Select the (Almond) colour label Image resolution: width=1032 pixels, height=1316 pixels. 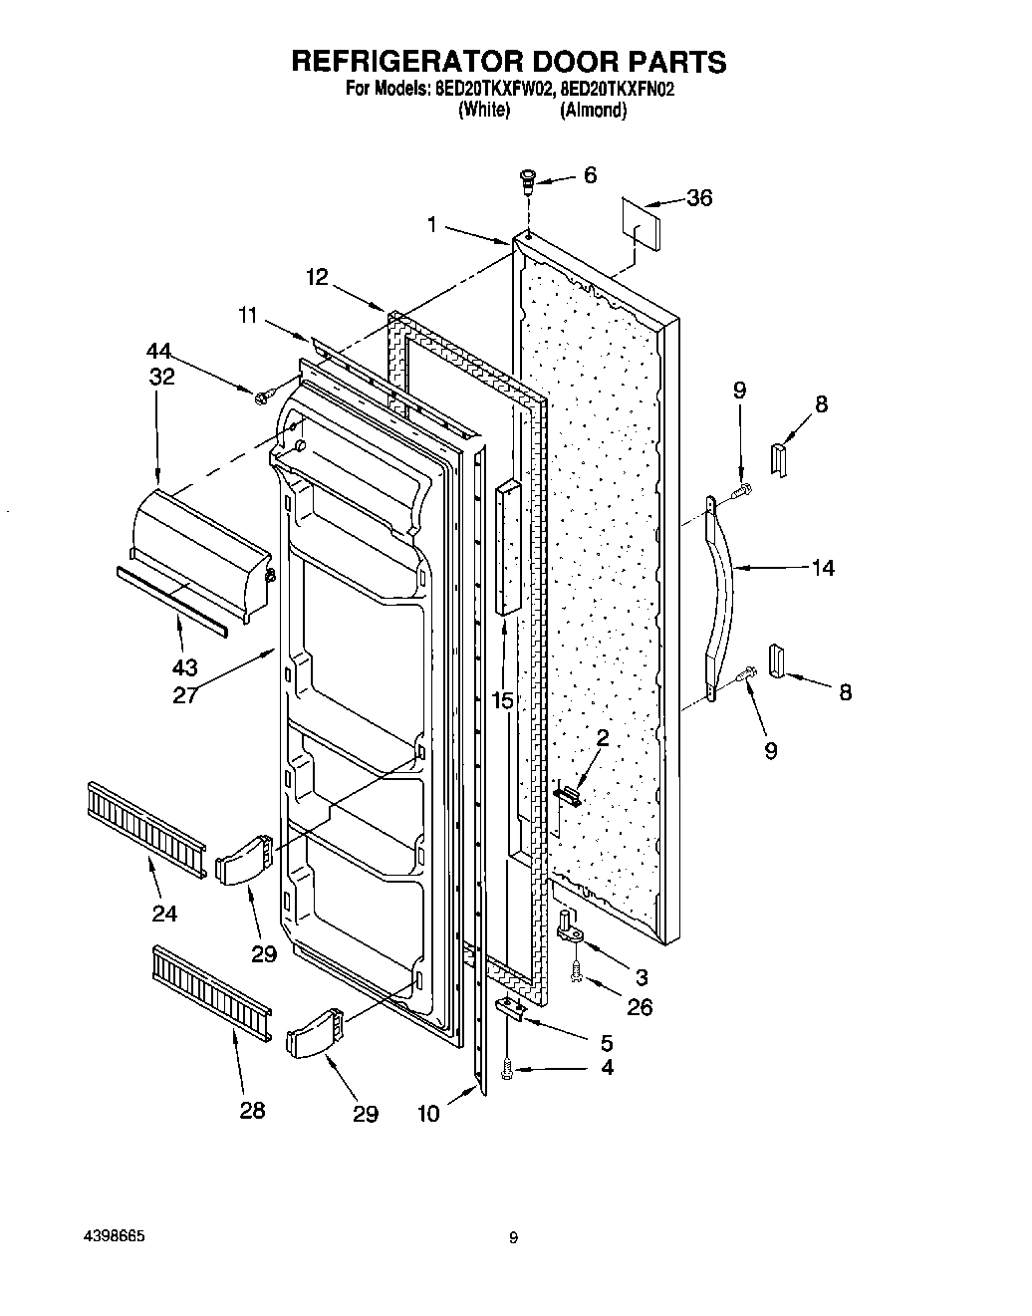[x=593, y=111]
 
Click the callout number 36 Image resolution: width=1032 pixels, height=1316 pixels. [x=699, y=198]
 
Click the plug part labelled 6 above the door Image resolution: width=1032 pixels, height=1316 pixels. [x=527, y=181]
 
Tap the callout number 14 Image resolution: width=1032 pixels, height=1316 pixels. [x=823, y=568]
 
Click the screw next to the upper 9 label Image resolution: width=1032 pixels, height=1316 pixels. [x=744, y=490]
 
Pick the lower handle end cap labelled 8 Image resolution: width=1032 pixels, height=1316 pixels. [x=776, y=659]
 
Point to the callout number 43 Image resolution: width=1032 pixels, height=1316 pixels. [x=185, y=667]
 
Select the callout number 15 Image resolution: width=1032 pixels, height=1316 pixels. [x=502, y=700]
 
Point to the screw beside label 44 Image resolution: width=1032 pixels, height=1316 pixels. [x=263, y=396]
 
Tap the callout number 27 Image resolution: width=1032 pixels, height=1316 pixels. [x=185, y=694]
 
